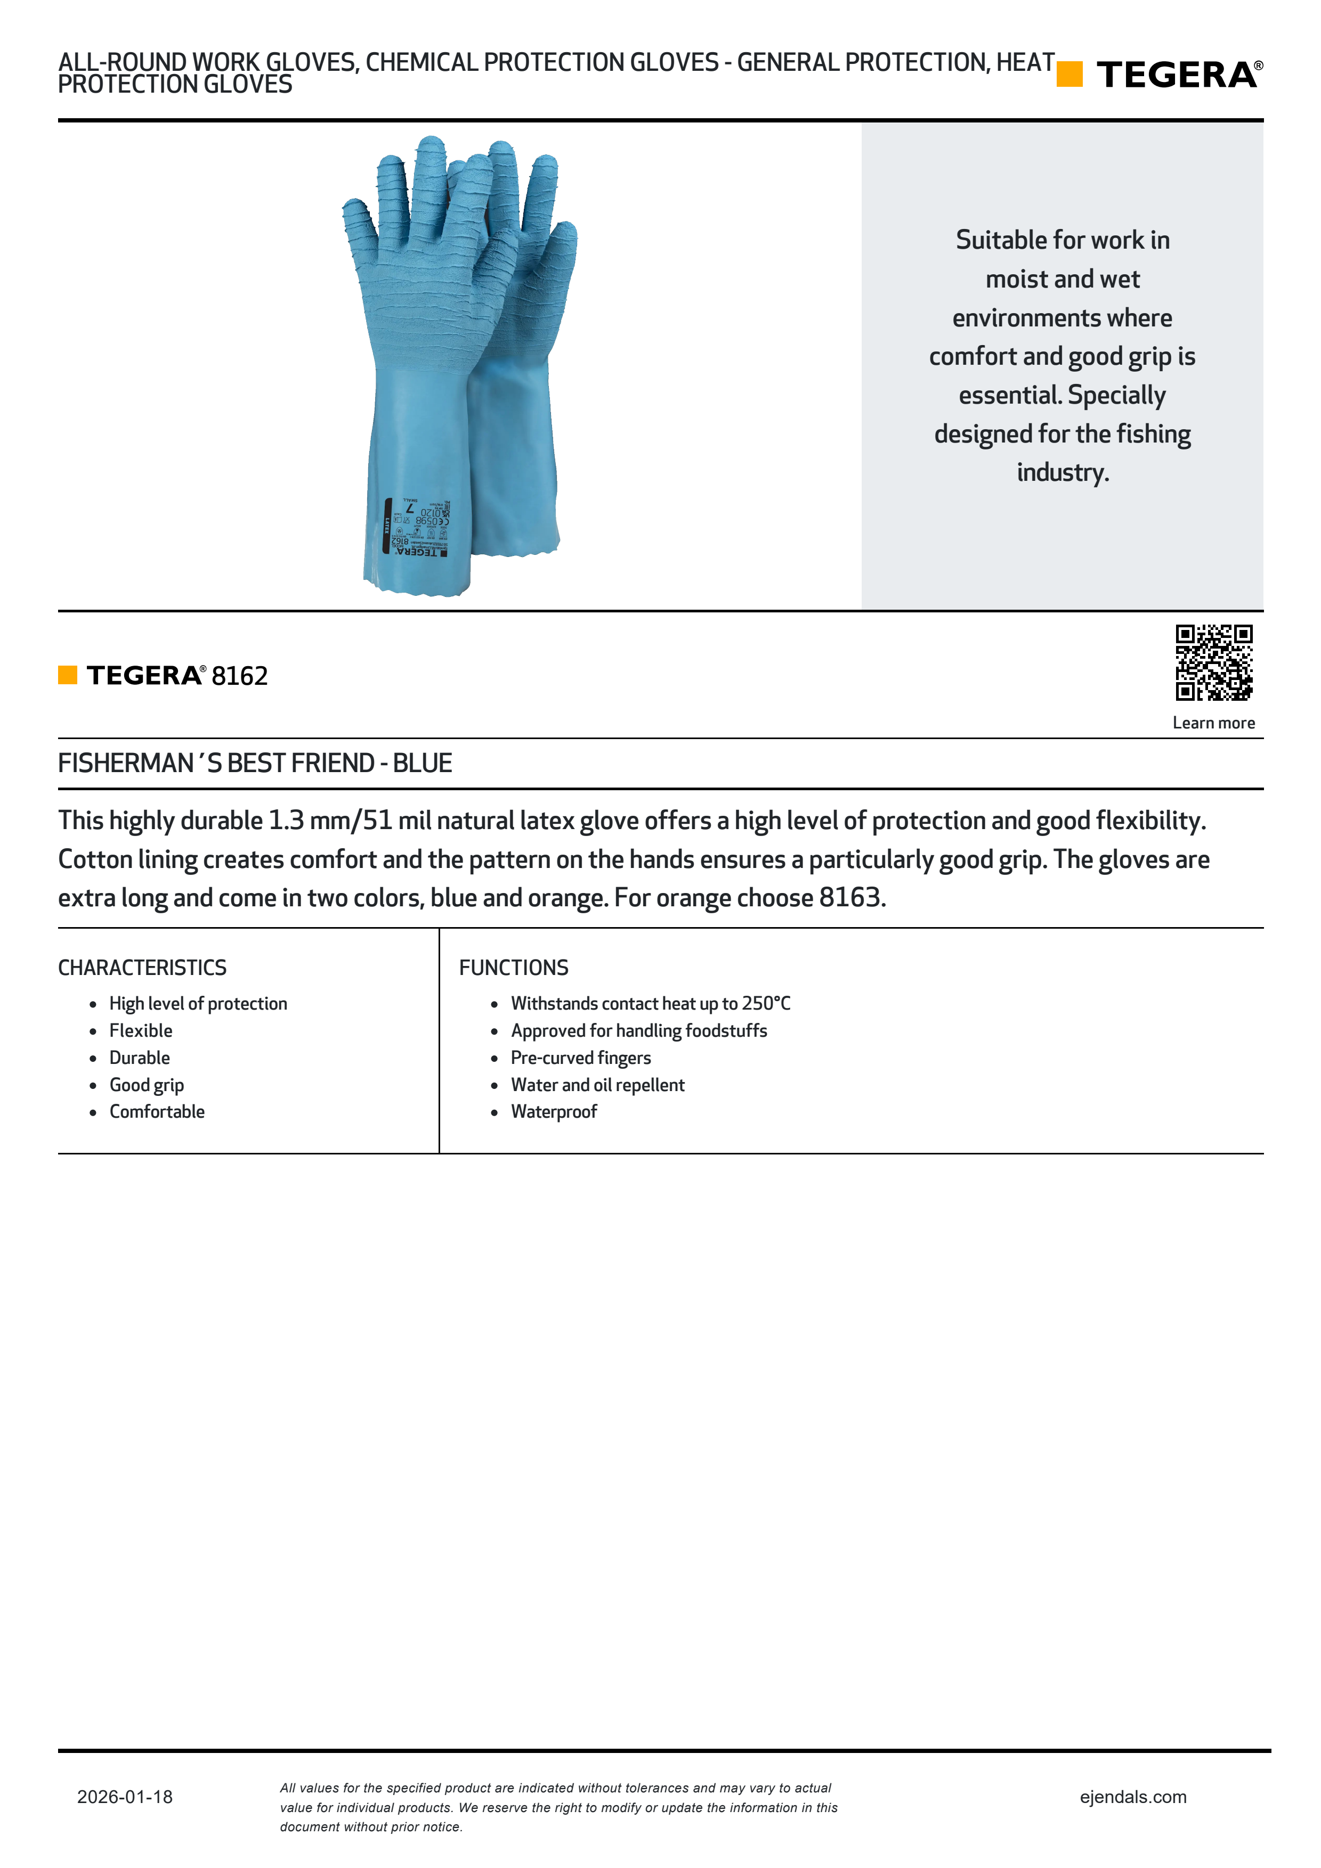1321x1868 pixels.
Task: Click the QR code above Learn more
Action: point(1213,662)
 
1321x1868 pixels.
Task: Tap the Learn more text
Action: point(1213,723)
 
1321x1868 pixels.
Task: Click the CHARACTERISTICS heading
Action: point(142,968)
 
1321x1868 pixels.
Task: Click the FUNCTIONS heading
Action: point(514,968)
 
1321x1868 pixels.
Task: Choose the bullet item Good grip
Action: point(147,1085)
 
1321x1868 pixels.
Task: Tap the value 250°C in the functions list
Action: point(766,1003)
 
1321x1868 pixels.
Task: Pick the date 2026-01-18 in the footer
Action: point(125,1797)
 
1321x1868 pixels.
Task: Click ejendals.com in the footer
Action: point(1132,1797)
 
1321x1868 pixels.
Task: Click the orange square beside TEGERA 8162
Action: point(68,675)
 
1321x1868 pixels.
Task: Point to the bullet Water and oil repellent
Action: point(597,1085)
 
